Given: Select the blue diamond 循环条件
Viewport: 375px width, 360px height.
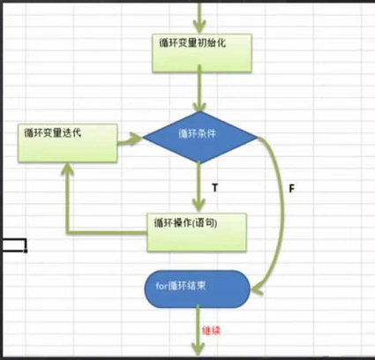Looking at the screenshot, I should pos(201,136).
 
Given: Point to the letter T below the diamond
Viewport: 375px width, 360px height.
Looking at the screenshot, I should pos(214,187).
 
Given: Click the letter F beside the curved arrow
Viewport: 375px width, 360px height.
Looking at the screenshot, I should pos(291,188).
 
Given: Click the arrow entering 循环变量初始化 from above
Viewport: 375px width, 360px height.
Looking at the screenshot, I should pos(202,16).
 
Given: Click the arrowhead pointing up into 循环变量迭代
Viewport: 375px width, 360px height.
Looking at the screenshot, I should pos(67,172).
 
